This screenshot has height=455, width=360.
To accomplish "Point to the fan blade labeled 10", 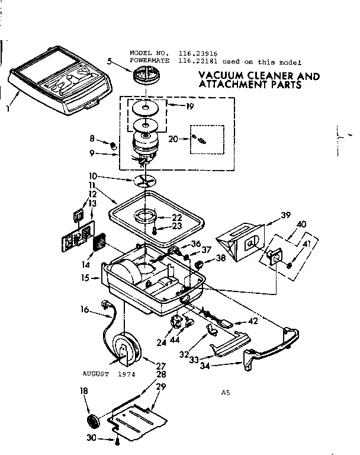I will coord(147,181).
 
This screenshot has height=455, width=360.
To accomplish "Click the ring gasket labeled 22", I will coord(146,215).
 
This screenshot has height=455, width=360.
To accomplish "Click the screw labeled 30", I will coord(118,440).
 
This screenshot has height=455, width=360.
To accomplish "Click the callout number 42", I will coord(253,321).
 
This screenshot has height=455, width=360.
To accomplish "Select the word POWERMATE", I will coord(149,61).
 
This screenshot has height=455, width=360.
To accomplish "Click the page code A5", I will coord(225,392).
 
